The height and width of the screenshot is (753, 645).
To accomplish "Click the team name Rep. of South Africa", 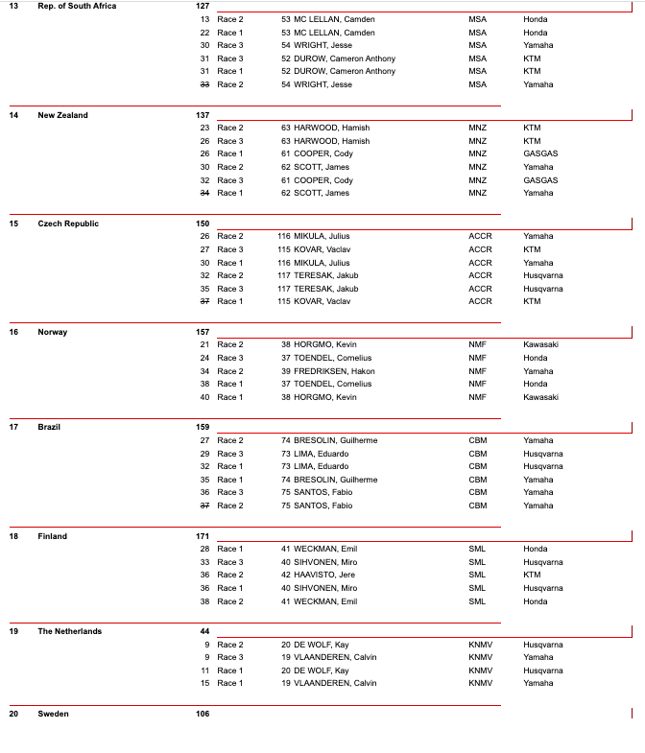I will click(x=77, y=7).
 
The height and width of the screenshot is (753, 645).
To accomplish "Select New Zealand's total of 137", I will click(x=202, y=115).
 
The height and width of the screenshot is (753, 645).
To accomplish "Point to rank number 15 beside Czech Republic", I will click(x=13, y=224).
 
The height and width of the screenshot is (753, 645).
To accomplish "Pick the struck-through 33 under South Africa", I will click(x=204, y=84).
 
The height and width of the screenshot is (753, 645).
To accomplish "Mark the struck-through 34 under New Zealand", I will click(x=204, y=193).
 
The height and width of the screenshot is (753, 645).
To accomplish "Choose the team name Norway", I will click(x=53, y=332).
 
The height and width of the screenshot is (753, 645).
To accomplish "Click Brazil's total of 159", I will click(x=202, y=427).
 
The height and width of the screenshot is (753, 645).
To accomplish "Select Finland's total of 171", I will click(x=202, y=536).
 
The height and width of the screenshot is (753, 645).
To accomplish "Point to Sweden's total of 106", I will click(x=202, y=714).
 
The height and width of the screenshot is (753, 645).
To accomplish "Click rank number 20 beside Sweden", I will click(x=13, y=714).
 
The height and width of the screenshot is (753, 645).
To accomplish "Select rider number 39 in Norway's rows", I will click(x=285, y=371).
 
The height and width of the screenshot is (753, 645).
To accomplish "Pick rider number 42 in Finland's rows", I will click(x=285, y=576).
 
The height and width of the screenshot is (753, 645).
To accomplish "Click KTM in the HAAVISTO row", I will click(x=532, y=576).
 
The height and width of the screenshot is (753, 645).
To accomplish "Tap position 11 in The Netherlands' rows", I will click(x=204, y=671).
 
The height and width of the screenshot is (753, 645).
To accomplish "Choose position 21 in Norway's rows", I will click(x=204, y=345).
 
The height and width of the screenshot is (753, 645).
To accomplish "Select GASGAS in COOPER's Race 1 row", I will click(x=540, y=153).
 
